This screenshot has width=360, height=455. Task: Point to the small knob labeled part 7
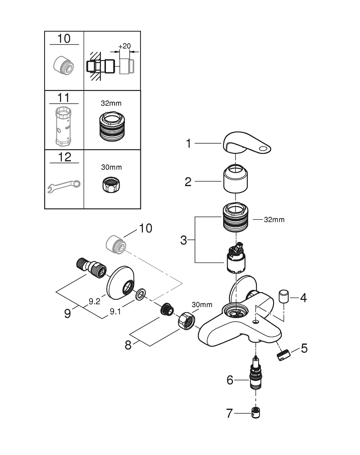[256, 414]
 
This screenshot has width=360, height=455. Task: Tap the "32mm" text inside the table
[111, 104]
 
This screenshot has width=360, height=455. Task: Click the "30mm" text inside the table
[111, 167]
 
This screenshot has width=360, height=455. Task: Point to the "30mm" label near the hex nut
[202, 304]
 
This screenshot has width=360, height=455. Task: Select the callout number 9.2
[95, 301]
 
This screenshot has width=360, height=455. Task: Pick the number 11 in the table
[64, 97]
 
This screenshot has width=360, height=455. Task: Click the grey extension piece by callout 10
[115, 243]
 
